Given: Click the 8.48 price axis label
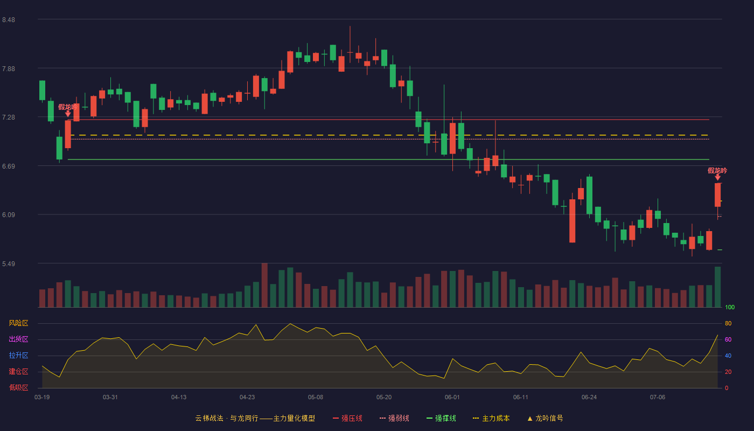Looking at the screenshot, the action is point(9,20).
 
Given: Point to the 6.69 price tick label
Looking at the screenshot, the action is point(9,166).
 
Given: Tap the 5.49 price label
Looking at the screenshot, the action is point(9,263).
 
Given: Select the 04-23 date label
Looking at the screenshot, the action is point(247,398).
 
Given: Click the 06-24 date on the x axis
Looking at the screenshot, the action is point(589,398).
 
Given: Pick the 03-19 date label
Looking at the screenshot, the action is point(42,398).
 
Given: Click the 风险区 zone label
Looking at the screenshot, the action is point(18,323).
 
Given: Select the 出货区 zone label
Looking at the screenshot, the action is point(18,339).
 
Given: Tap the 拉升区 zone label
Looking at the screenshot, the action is point(18,355).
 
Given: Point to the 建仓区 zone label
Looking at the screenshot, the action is point(18,371).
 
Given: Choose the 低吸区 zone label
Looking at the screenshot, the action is point(18,387).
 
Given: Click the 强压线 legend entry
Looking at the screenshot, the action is point(348,418).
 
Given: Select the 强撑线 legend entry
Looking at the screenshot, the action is point(441,418).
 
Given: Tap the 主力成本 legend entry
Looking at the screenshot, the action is point(491,418).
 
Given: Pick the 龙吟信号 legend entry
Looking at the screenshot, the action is point(545,418).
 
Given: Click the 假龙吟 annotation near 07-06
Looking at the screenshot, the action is point(717,171).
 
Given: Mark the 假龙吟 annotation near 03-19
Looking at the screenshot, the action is point(68,107).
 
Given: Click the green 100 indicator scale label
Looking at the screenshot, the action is point(730,307).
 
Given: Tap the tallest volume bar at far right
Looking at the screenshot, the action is point(717,287).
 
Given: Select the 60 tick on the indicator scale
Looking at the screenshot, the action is point(728,339).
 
